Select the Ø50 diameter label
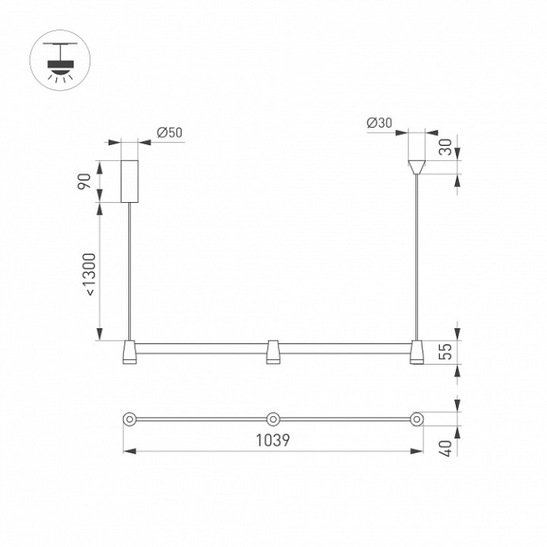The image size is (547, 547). (x=170, y=132)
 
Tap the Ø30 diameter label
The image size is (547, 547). (x=380, y=123)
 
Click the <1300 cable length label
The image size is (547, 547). (x=90, y=274)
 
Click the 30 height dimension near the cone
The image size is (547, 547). (x=446, y=147)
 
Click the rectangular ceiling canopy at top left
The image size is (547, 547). (x=129, y=180)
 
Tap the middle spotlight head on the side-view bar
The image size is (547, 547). (x=273, y=353)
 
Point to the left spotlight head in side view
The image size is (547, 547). (x=129, y=353)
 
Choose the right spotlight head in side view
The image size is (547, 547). (x=416, y=353)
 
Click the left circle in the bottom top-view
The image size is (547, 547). (x=128, y=418)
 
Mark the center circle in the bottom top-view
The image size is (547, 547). (x=273, y=418)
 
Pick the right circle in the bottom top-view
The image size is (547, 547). (x=416, y=418)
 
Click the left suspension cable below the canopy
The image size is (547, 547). (x=129, y=270)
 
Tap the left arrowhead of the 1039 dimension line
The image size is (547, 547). (x=127, y=452)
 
